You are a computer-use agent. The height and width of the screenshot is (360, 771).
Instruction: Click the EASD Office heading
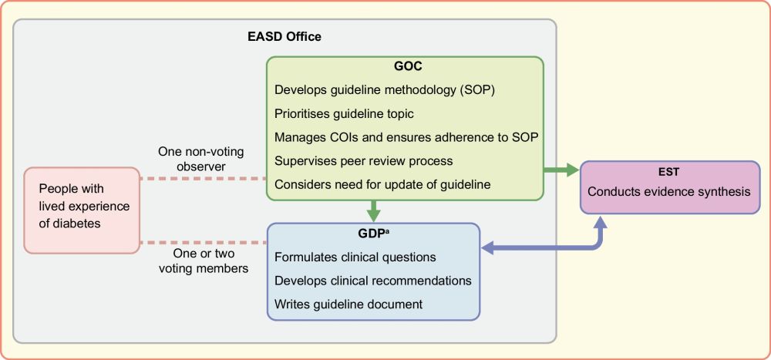tap(284, 37)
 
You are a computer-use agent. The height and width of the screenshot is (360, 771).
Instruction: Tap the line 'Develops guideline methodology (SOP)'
tap(384, 89)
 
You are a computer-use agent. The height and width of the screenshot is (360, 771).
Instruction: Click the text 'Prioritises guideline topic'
tap(345, 113)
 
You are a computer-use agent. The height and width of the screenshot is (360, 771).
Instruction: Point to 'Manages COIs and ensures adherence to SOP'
tap(406, 137)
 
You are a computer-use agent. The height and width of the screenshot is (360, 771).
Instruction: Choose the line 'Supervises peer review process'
tap(364, 161)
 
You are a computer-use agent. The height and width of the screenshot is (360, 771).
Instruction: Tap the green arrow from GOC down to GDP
tap(374, 210)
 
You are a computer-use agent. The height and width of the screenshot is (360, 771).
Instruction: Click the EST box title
tap(669, 173)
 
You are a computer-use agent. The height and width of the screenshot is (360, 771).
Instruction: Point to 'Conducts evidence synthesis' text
tap(669, 191)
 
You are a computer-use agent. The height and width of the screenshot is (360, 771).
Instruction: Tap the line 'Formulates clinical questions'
tap(355, 257)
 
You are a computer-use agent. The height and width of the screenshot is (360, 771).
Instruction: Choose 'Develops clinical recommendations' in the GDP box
tap(373, 281)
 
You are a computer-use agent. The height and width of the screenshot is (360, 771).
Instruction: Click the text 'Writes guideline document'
tap(348, 304)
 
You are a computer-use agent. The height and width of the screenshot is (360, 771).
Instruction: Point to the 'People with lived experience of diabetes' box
tap(82, 210)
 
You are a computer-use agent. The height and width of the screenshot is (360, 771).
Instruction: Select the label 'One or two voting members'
tap(203, 261)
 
